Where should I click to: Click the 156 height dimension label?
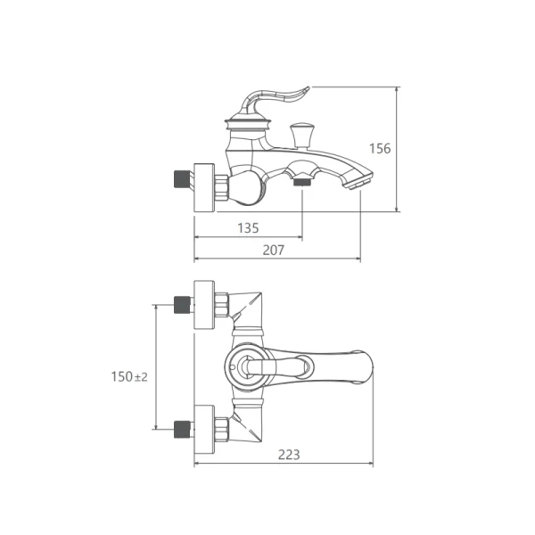[380, 149]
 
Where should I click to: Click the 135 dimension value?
[248, 228]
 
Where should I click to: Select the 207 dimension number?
[274, 251]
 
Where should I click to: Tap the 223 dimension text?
[289, 455]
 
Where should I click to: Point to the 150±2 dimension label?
[129, 376]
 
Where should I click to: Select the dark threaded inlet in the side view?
[182, 179]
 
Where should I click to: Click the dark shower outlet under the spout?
[302, 181]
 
